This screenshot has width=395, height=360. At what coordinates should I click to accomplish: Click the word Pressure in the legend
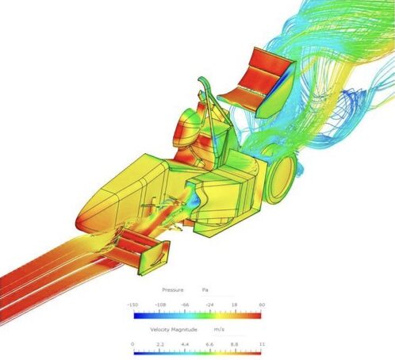(x=173, y=290)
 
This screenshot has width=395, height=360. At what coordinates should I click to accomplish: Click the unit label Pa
(x=205, y=290)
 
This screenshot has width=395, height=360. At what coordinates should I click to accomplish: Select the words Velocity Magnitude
(x=174, y=330)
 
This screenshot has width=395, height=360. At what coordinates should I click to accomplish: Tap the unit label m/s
(x=219, y=330)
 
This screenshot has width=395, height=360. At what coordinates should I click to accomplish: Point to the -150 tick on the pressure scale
(x=132, y=304)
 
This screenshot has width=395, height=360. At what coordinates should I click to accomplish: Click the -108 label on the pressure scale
(x=160, y=304)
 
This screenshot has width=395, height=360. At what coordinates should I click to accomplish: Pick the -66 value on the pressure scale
(x=185, y=304)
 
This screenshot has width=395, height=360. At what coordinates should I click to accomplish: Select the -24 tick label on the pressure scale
(x=209, y=304)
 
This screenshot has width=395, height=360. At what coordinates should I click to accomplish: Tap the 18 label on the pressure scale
(x=235, y=304)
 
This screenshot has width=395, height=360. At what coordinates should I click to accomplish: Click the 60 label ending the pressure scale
(x=262, y=304)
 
